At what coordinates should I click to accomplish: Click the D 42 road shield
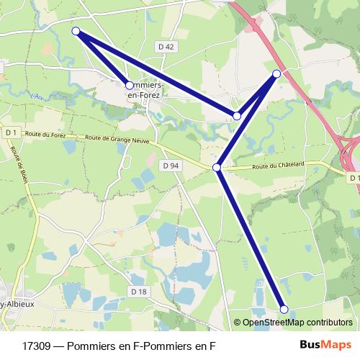pos(166,47)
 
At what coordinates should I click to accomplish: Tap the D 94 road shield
pos(170,166)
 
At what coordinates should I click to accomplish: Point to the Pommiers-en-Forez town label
pos(147,89)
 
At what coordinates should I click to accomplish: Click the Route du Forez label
pos(45,134)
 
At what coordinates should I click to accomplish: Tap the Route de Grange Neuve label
pos(117,140)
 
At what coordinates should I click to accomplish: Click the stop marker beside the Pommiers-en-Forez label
pos(130,85)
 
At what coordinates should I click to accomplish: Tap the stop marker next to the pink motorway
pos(276,73)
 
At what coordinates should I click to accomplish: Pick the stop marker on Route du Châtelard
pos(217,167)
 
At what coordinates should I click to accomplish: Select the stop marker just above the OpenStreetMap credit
pos(284,310)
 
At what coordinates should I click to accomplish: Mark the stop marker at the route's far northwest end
pos(76,31)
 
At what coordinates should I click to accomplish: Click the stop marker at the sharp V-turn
pos(237,115)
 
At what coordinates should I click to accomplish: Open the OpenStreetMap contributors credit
pos(297,323)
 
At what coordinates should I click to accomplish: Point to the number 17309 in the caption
pos(37,346)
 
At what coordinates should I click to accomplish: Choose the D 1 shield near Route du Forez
pos(10,132)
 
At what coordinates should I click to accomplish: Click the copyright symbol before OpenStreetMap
pos(237,323)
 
